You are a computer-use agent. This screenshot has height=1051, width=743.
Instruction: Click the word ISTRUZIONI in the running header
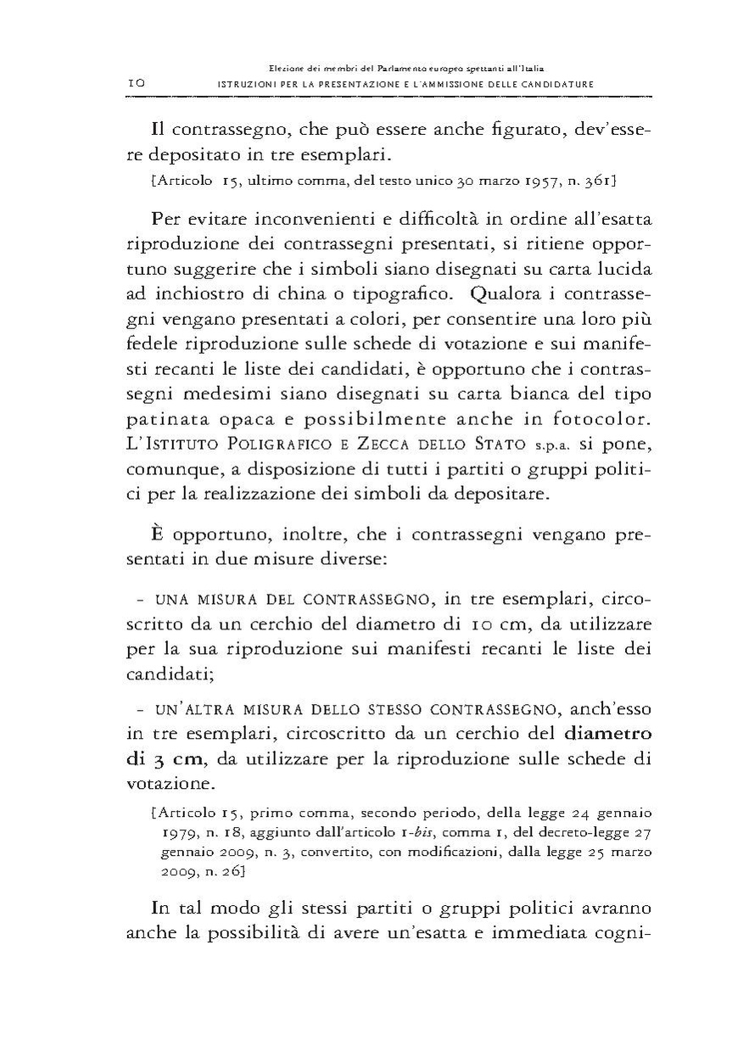[x=247, y=84]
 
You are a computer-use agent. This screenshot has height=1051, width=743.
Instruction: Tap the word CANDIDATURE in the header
[x=552, y=84]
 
